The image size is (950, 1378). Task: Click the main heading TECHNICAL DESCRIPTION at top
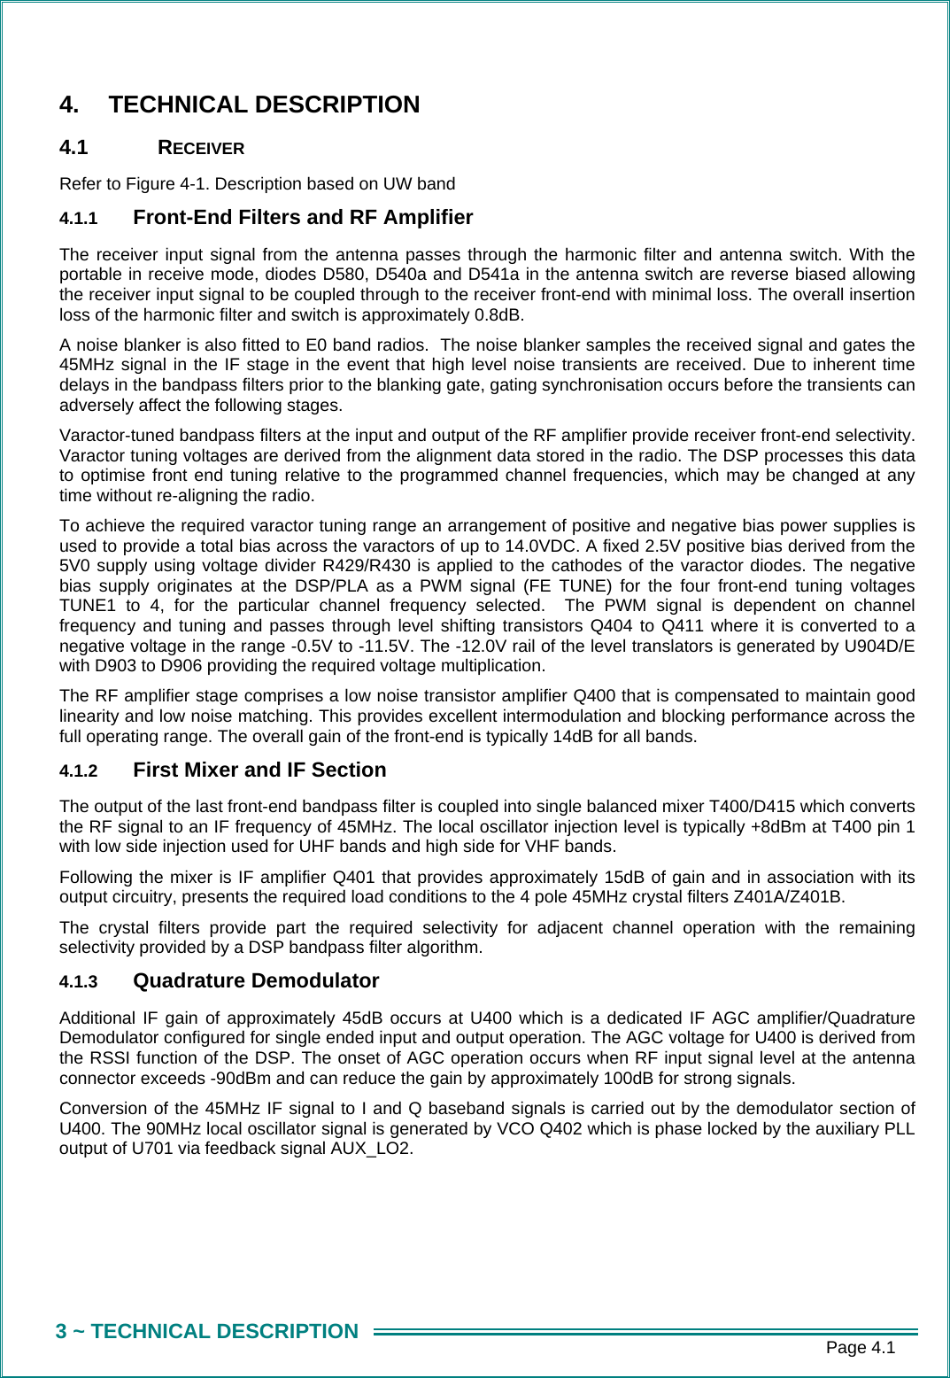point(264,105)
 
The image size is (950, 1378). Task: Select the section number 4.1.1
point(78,219)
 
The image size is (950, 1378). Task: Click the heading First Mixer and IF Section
point(259,770)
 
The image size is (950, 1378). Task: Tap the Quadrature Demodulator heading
point(256,980)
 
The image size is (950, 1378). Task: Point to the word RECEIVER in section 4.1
point(201,148)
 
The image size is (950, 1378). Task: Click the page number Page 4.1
point(860,1348)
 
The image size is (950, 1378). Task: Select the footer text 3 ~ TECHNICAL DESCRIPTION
point(207,1331)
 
